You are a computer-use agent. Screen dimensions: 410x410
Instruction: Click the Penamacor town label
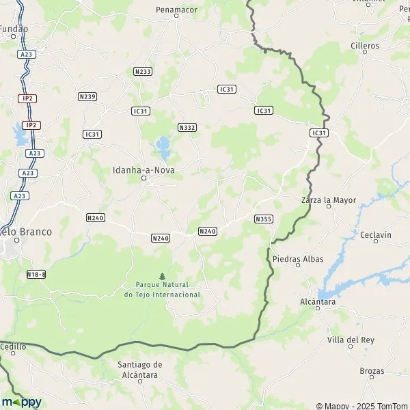coord(176,10)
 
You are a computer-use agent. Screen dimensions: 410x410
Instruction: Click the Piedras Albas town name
coord(298,259)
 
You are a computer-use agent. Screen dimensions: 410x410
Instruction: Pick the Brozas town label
coord(372,371)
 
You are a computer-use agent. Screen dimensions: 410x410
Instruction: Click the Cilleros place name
coord(364,46)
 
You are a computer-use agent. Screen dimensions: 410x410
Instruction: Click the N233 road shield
coord(143,71)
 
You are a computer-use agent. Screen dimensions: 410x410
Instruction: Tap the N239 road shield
coord(87,96)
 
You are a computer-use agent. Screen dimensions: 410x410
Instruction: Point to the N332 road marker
coord(187,128)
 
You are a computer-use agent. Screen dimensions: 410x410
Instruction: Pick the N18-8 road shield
coord(36,274)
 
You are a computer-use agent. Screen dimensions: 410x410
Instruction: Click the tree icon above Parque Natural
coord(162,275)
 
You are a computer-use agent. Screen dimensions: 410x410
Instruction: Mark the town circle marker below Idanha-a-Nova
coord(143,178)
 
